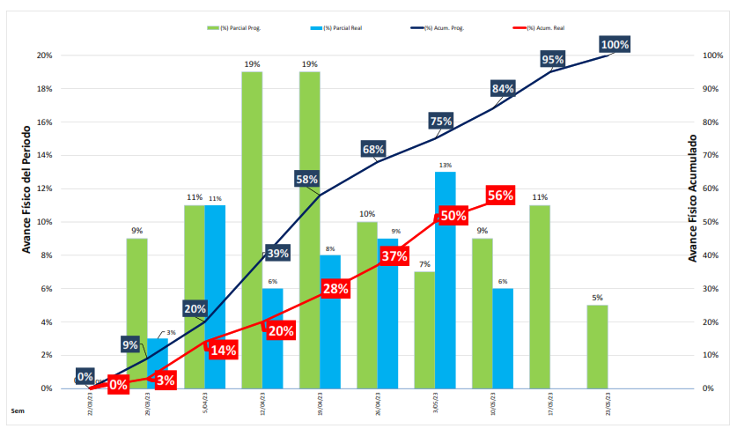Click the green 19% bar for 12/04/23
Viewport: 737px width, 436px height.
click(252, 229)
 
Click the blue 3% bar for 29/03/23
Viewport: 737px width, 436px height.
click(157, 363)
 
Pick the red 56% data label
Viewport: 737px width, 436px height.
click(500, 196)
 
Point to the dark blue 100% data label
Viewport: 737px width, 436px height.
click(615, 45)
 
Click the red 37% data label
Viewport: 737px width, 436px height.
click(394, 256)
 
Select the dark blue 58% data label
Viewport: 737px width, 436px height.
click(306, 180)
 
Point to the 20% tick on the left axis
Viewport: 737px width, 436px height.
click(43, 55)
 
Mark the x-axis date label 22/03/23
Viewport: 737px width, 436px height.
click(90, 404)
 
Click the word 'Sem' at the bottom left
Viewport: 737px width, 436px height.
click(17, 410)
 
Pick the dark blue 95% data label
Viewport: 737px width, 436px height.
click(553, 60)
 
